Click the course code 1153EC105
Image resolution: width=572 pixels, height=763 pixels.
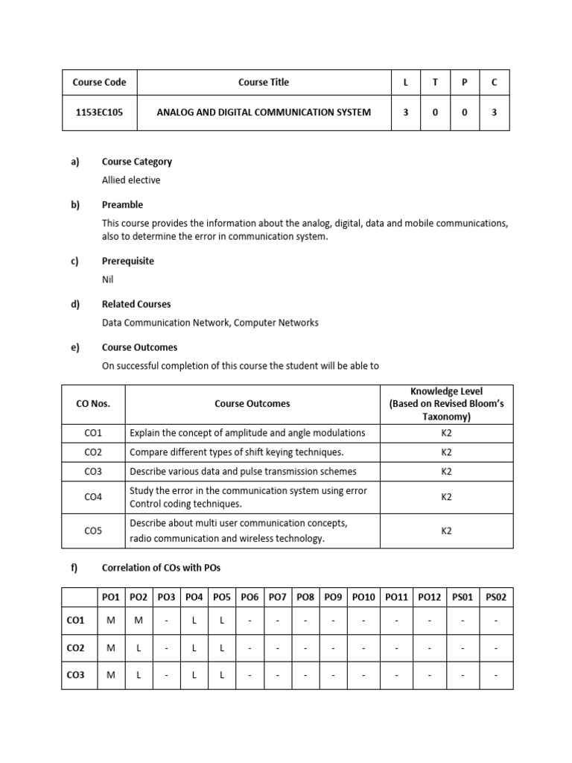pyautogui.click(x=99, y=112)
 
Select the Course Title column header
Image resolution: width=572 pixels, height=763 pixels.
pyautogui.click(x=264, y=82)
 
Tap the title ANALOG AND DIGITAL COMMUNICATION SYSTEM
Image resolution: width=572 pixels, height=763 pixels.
pyautogui.click(x=264, y=112)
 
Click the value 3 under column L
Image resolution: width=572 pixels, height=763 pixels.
pyautogui.click(x=405, y=112)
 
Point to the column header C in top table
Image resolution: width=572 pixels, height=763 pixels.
pyautogui.click(x=494, y=82)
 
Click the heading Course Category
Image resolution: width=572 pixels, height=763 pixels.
pyautogui.click(x=136, y=162)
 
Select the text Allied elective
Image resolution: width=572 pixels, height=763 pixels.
pyautogui.click(x=130, y=180)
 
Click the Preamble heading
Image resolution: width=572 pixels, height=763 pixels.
pyautogui.click(x=122, y=205)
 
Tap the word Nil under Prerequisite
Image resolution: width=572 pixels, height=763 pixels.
pyautogui.click(x=108, y=279)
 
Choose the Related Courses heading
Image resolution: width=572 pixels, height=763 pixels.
pyautogui.click(x=136, y=304)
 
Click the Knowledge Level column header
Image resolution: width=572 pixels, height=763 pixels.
pyautogui.click(x=446, y=404)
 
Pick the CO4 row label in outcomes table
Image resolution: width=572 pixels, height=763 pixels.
pyautogui.click(x=93, y=497)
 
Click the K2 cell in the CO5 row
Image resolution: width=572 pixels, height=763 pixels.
pyautogui.click(x=446, y=531)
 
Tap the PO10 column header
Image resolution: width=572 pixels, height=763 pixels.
pyautogui.click(x=363, y=597)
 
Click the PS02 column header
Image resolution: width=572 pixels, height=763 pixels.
pyautogui.click(x=495, y=597)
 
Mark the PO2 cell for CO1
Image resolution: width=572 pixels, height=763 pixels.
pyautogui.click(x=139, y=620)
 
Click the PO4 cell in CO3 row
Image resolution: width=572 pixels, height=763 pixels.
pyautogui.click(x=194, y=675)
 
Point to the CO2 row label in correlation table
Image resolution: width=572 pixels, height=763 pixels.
pyautogui.click(x=76, y=648)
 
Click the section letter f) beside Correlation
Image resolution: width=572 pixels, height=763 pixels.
pyautogui.click(x=74, y=568)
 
